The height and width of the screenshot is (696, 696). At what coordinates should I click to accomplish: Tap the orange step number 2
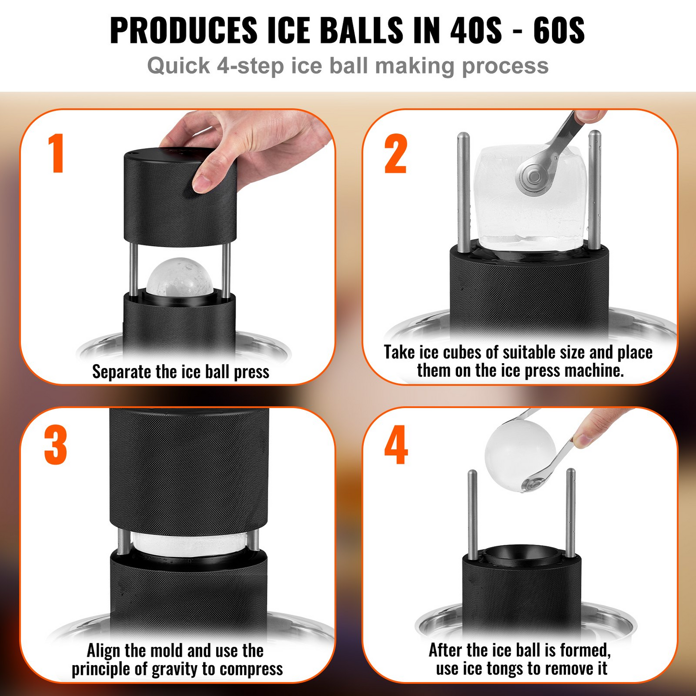[x=396, y=154]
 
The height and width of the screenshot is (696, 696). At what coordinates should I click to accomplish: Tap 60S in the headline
[x=559, y=30]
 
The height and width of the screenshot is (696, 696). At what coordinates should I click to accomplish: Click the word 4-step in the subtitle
[x=250, y=66]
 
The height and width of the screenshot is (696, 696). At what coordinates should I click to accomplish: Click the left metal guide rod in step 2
[x=463, y=193]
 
